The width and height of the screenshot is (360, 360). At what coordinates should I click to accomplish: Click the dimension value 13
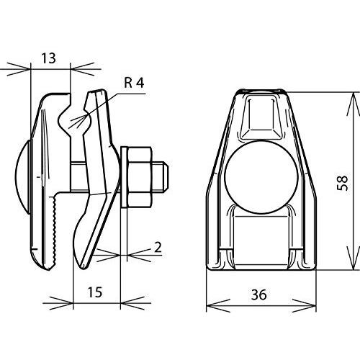(x=49, y=58)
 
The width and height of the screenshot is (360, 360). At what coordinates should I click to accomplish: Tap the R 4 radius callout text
(x=134, y=83)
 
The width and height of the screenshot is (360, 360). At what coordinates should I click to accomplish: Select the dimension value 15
(x=95, y=292)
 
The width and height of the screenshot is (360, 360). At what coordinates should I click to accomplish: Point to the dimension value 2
(x=158, y=248)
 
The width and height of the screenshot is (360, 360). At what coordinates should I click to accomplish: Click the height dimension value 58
(x=343, y=183)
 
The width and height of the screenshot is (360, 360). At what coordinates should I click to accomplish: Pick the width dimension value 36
(x=259, y=294)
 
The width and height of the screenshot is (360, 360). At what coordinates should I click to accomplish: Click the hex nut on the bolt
(x=140, y=177)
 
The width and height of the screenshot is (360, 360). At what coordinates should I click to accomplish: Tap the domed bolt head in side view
(x=22, y=177)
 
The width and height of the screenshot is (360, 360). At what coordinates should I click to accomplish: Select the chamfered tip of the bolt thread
(x=166, y=177)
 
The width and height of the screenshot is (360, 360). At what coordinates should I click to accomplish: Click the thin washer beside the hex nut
(x=124, y=177)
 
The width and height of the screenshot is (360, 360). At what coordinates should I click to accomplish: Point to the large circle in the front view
(x=261, y=177)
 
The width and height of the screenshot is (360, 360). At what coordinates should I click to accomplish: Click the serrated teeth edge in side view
(x=54, y=233)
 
